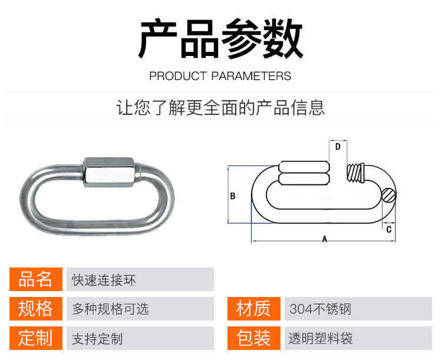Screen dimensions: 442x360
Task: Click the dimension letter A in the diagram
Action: pyautogui.click(x=325, y=239)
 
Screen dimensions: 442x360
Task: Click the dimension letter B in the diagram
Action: pyautogui.click(x=233, y=196)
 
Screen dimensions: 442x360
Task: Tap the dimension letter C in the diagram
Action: pyautogui.click(x=389, y=229)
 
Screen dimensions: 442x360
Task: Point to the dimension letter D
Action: pyautogui.click(x=338, y=147)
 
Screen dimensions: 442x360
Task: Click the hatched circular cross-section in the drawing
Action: pyautogui.click(x=388, y=196)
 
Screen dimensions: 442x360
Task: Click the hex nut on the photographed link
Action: pyautogui.click(x=112, y=172)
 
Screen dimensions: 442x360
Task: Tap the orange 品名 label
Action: pyautogui.click(x=36, y=279)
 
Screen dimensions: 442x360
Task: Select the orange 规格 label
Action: pyautogui.click(x=36, y=309)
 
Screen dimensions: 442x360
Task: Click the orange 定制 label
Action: pyautogui.click(x=36, y=338)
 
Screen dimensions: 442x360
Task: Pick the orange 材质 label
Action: pyautogui.click(x=253, y=309)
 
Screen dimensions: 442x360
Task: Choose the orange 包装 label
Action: pyautogui.click(x=253, y=338)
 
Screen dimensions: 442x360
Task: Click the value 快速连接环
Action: pyautogui.click(x=104, y=280)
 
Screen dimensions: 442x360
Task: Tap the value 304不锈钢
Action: pyautogui.click(x=320, y=309)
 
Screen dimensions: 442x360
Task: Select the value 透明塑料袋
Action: pyautogui.click(x=321, y=338)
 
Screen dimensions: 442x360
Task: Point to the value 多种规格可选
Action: pyautogui.click(x=110, y=309)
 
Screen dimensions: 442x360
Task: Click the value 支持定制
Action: pyautogui.click(x=97, y=339)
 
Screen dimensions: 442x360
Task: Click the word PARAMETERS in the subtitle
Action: pyautogui.click(x=251, y=76)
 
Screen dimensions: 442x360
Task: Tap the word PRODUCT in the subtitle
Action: pyautogui.click(x=178, y=76)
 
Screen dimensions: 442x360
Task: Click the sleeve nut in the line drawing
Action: pyautogui.click(x=304, y=173)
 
